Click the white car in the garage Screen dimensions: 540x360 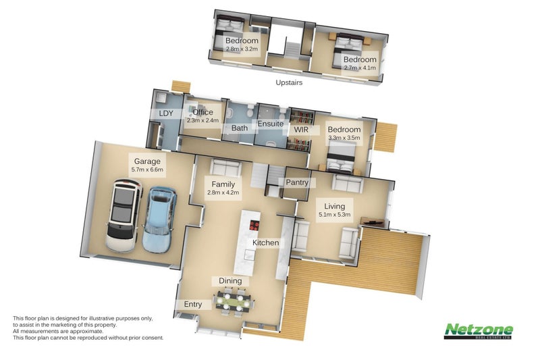coord(124,215)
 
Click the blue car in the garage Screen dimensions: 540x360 coord(159,220)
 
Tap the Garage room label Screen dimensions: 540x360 coord(147,161)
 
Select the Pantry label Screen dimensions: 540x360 coord(297,182)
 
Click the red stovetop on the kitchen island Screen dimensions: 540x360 coord(254,226)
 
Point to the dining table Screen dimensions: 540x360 coord(234,303)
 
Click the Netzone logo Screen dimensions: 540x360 coord(479,331)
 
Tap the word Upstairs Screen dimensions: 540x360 coord(289,82)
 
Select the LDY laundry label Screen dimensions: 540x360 coord(166,113)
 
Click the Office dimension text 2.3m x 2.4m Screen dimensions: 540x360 coord(203,121)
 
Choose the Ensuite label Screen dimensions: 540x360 coord(271,124)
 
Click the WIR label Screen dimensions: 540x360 coord(301,130)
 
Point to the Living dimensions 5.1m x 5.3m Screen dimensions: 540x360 coord(334,215)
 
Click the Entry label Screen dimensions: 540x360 coord(193,304)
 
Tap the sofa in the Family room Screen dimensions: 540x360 coord(225,167)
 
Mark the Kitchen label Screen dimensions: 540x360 coord(265,242)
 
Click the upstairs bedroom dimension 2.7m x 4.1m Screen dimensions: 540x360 coord(360,68)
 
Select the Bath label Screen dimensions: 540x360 coord(240,128)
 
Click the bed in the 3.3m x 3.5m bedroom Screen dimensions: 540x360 coord(341,157)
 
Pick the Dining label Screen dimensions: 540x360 coord(230,281)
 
